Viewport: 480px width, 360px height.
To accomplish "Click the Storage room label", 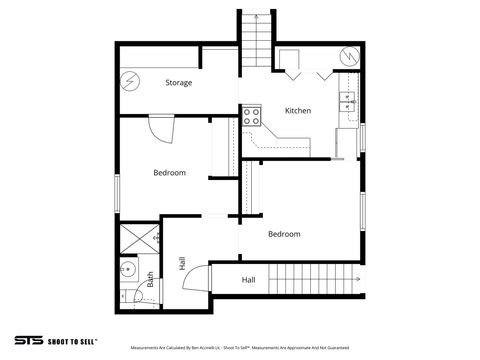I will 179,83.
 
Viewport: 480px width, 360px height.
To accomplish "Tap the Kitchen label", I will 298,110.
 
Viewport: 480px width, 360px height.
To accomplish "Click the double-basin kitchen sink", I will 348,101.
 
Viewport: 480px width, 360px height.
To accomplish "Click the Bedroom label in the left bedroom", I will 169,173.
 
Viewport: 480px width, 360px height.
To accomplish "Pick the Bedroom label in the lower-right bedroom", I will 284,234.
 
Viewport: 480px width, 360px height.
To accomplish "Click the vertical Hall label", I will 181,263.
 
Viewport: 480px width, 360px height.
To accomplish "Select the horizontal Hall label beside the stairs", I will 248,281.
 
